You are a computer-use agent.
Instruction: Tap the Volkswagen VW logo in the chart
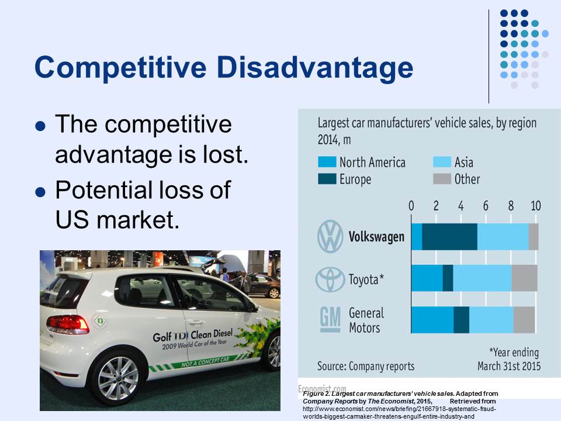pyautogui.click(x=330, y=237)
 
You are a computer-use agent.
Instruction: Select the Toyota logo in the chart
pyautogui.click(x=330, y=279)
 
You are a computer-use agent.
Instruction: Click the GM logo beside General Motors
pyautogui.click(x=330, y=319)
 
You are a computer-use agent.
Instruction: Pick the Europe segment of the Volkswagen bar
pyautogui.click(x=449, y=237)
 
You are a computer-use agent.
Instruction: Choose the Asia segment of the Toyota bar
pyautogui.click(x=482, y=278)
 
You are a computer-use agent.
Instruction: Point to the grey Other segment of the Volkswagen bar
pyautogui.click(x=533, y=237)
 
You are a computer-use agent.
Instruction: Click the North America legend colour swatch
pyautogui.click(x=326, y=162)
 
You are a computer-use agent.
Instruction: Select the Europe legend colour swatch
pyautogui.click(x=326, y=179)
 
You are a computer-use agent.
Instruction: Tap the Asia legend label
pyautogui.click(x=463, y=162)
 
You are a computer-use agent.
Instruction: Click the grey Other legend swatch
pyautogui.click(x=441, y=179)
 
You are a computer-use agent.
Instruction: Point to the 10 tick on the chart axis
pyautogui.click(x=535, y=206)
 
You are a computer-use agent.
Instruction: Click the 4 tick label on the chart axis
pyautogui.click(x=460, y=206)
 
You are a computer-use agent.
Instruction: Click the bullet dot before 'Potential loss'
pyautogui.click(x=40, y=191)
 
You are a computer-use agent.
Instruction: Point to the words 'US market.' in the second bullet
pyautogui.click(x=117, y=220)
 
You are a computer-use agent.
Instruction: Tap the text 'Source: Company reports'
pyautogui.click(x=366, y=367)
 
